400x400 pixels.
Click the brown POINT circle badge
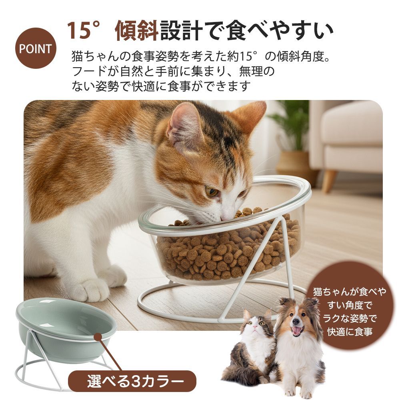(36, 48)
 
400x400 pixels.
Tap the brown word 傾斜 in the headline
(137, 31)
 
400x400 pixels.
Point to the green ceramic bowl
(66, 329)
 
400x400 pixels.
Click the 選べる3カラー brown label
(132, 381)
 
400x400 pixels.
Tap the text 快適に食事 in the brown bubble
(350, 332)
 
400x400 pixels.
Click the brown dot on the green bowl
(98, 336)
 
